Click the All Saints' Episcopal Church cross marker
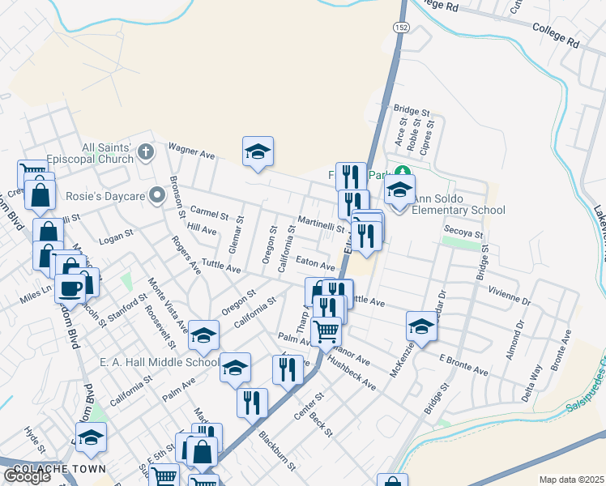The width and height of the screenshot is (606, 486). pyautogui.click(x=146, y=151)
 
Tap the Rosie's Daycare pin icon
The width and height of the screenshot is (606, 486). pyautogui.click(x=157, y=195)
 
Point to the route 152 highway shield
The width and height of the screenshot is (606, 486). pyautogui.click(x=402, y=28)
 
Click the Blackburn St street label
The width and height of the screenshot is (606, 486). pyautogui.click(x=277, y=449)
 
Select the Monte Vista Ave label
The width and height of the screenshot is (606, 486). pyautogui.click(x=168, y=305)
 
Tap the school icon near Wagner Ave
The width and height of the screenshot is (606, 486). pyautogui.click(x=258, y=151)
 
